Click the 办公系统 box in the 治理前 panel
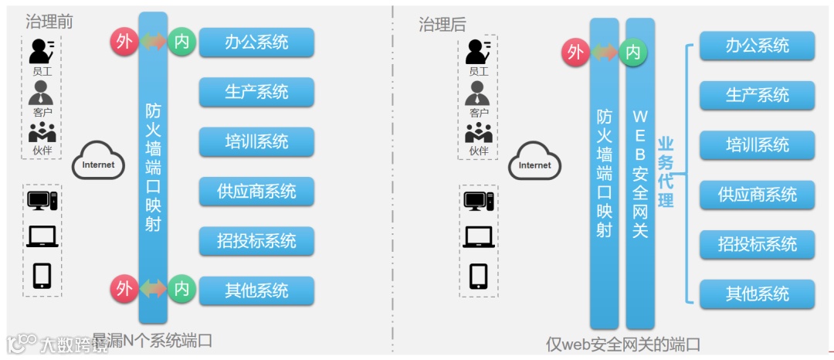[x=256, y=42]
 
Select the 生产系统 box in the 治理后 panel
[x=757, y=95]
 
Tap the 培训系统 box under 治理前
[x=256, y=142]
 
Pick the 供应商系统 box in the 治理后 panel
[x=757, y=195]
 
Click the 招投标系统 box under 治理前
[x=256, y=241]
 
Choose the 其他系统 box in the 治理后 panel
[x=757, y=294]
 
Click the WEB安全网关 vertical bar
[x=640, y=174]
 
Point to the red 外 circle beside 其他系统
[x=124, y=289]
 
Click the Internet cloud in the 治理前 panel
[x=98, y=162]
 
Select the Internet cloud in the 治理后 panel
[x=534, y=163]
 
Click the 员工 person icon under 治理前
[x=41, y=51]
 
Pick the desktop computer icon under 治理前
[x=42, y=201]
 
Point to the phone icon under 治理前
[x=42, y=275]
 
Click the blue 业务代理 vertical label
[x=666, y=172]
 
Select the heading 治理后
[x=442, y=25]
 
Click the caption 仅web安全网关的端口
[x=623, y=344]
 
